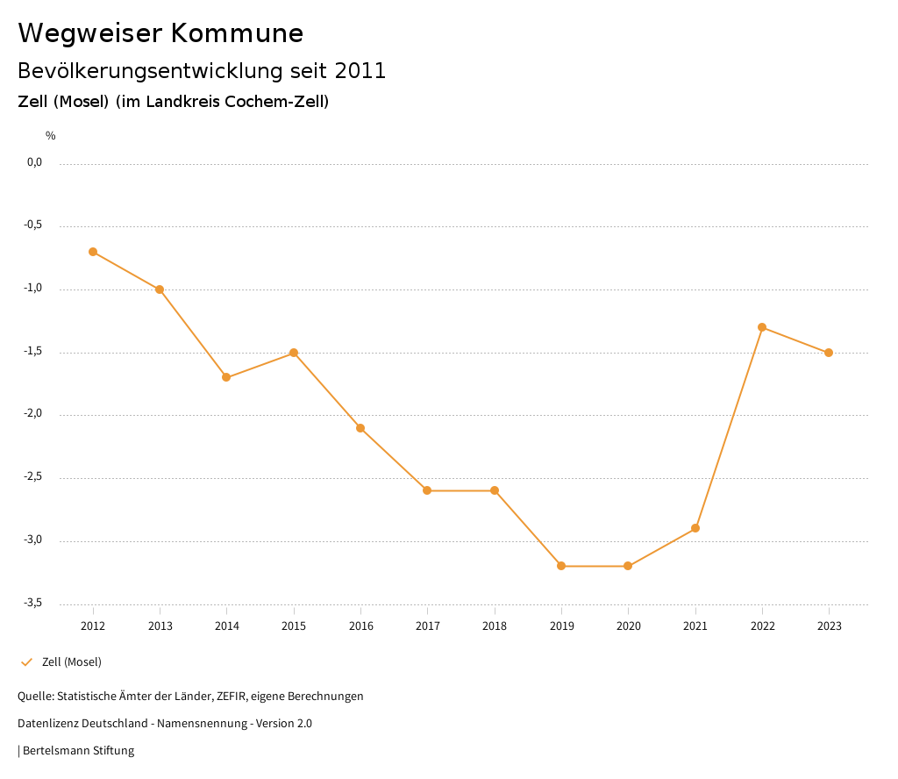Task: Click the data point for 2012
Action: (x=93, y=252)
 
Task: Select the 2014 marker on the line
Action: (x=226, y=377)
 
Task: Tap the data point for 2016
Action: (x=360, y=428)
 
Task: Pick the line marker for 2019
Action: (x=561, y=566)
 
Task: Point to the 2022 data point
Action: (x=762, y=327)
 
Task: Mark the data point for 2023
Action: (x=829, y=353)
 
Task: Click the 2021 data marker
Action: (x=695, y=528)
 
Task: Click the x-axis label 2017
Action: (x=427, y=626)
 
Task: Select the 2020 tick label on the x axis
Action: (x=628, y=626)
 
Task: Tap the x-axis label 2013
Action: (x=160, y=626)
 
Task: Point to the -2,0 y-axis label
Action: (x=33, y=414)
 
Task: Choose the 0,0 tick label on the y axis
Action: (x=35, y=162)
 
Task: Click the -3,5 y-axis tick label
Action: (x=33, y=603)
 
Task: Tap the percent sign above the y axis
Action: (x=51, y=136)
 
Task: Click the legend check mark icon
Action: (x=26, y=662)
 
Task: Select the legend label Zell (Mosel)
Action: (x=72, y=662)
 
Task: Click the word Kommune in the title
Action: (x=238, y=33)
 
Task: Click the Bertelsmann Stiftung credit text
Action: (x=78, y=751)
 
